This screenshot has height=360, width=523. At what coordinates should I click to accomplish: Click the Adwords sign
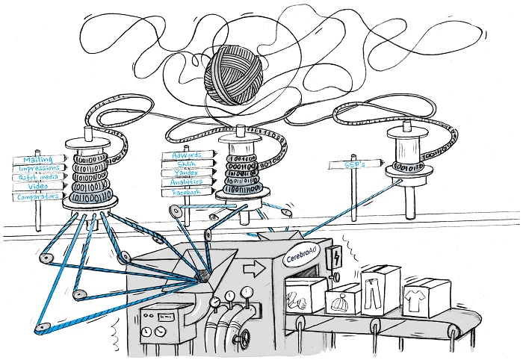(x=187, y=155)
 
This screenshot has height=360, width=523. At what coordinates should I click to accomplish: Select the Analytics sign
(x=187, y=182)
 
